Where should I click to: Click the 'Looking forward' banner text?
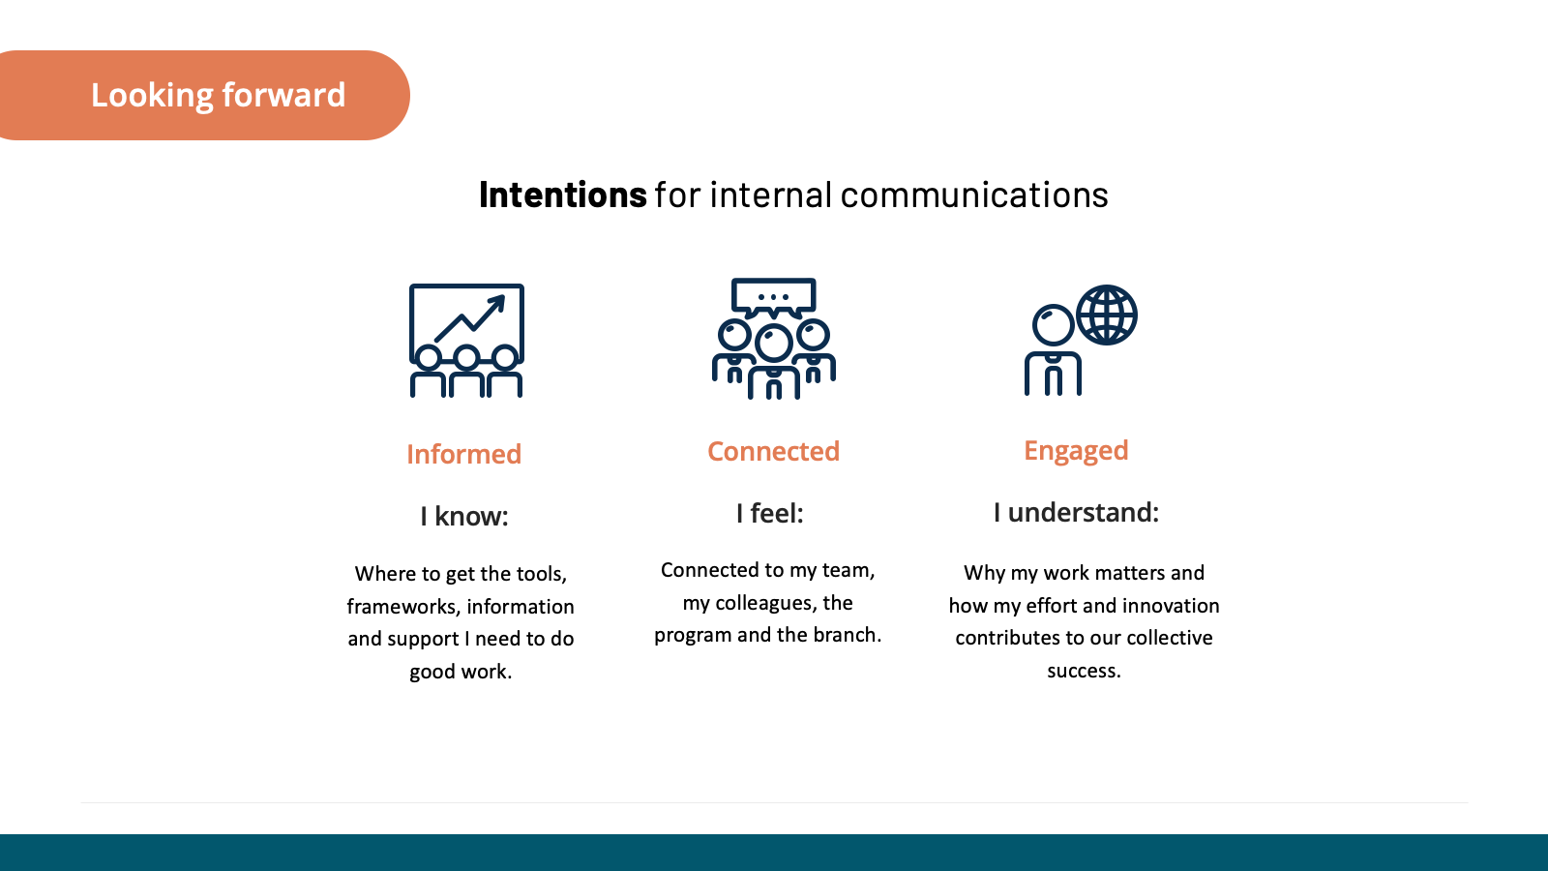[x=218, y=95]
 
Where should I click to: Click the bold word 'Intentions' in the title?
[x=562, y=195]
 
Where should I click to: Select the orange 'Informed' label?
[x=463, y=454]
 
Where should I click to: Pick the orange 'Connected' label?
[x=773, y=451]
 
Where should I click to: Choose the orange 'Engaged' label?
[x=1076, y=451]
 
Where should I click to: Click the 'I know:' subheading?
[x=463, y=516]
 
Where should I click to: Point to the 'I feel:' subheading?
[x=769, y=513]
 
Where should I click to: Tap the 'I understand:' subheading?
[x=1076, y=512]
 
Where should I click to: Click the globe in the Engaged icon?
[x=1107, y=315]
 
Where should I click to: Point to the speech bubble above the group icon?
[x=773, y=296]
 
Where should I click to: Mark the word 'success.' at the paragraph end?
[x=1084, y=671]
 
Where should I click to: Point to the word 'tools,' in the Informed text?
[x=541, y=574]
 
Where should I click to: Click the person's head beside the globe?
[x=1053, y=325]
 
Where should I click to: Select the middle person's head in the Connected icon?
[x=773, y=343]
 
